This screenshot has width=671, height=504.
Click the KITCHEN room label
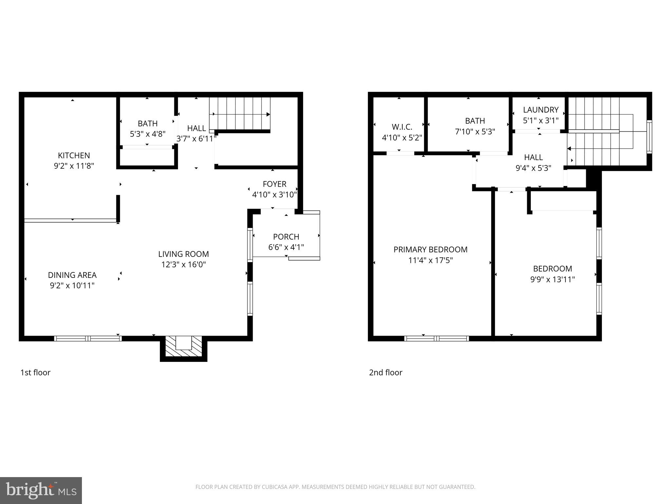(x=74, y=155)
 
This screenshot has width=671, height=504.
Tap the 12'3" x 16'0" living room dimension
(x=183, y=264)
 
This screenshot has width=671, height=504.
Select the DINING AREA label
(x=72, y=275)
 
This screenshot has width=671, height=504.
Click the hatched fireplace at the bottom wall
(x=183, y=346)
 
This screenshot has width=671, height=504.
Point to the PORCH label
(x=286, y=237)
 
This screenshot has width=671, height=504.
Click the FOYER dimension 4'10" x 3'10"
(x=274, y=195)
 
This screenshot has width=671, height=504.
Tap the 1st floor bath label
(x=147, y=124)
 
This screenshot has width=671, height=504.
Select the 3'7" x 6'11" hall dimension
(x=196, y=139)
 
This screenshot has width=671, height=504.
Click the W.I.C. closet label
(x=402, y=127)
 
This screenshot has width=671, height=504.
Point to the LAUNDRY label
(x=541, y=110)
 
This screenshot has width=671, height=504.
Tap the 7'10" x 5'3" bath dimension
(x=475, y=132)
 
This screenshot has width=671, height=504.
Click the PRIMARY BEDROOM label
(x=430, y=249)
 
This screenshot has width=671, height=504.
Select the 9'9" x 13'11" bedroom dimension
(x=552, y=279)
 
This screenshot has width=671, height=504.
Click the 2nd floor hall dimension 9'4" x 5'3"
(x=533, y=168)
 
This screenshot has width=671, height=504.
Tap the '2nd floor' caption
(x=385, y=372)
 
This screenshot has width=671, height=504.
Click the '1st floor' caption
(x=35, y=372)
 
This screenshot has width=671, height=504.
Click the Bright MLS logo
(x=41, y=490)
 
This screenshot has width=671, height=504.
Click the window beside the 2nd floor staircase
(x=649, y=136)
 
